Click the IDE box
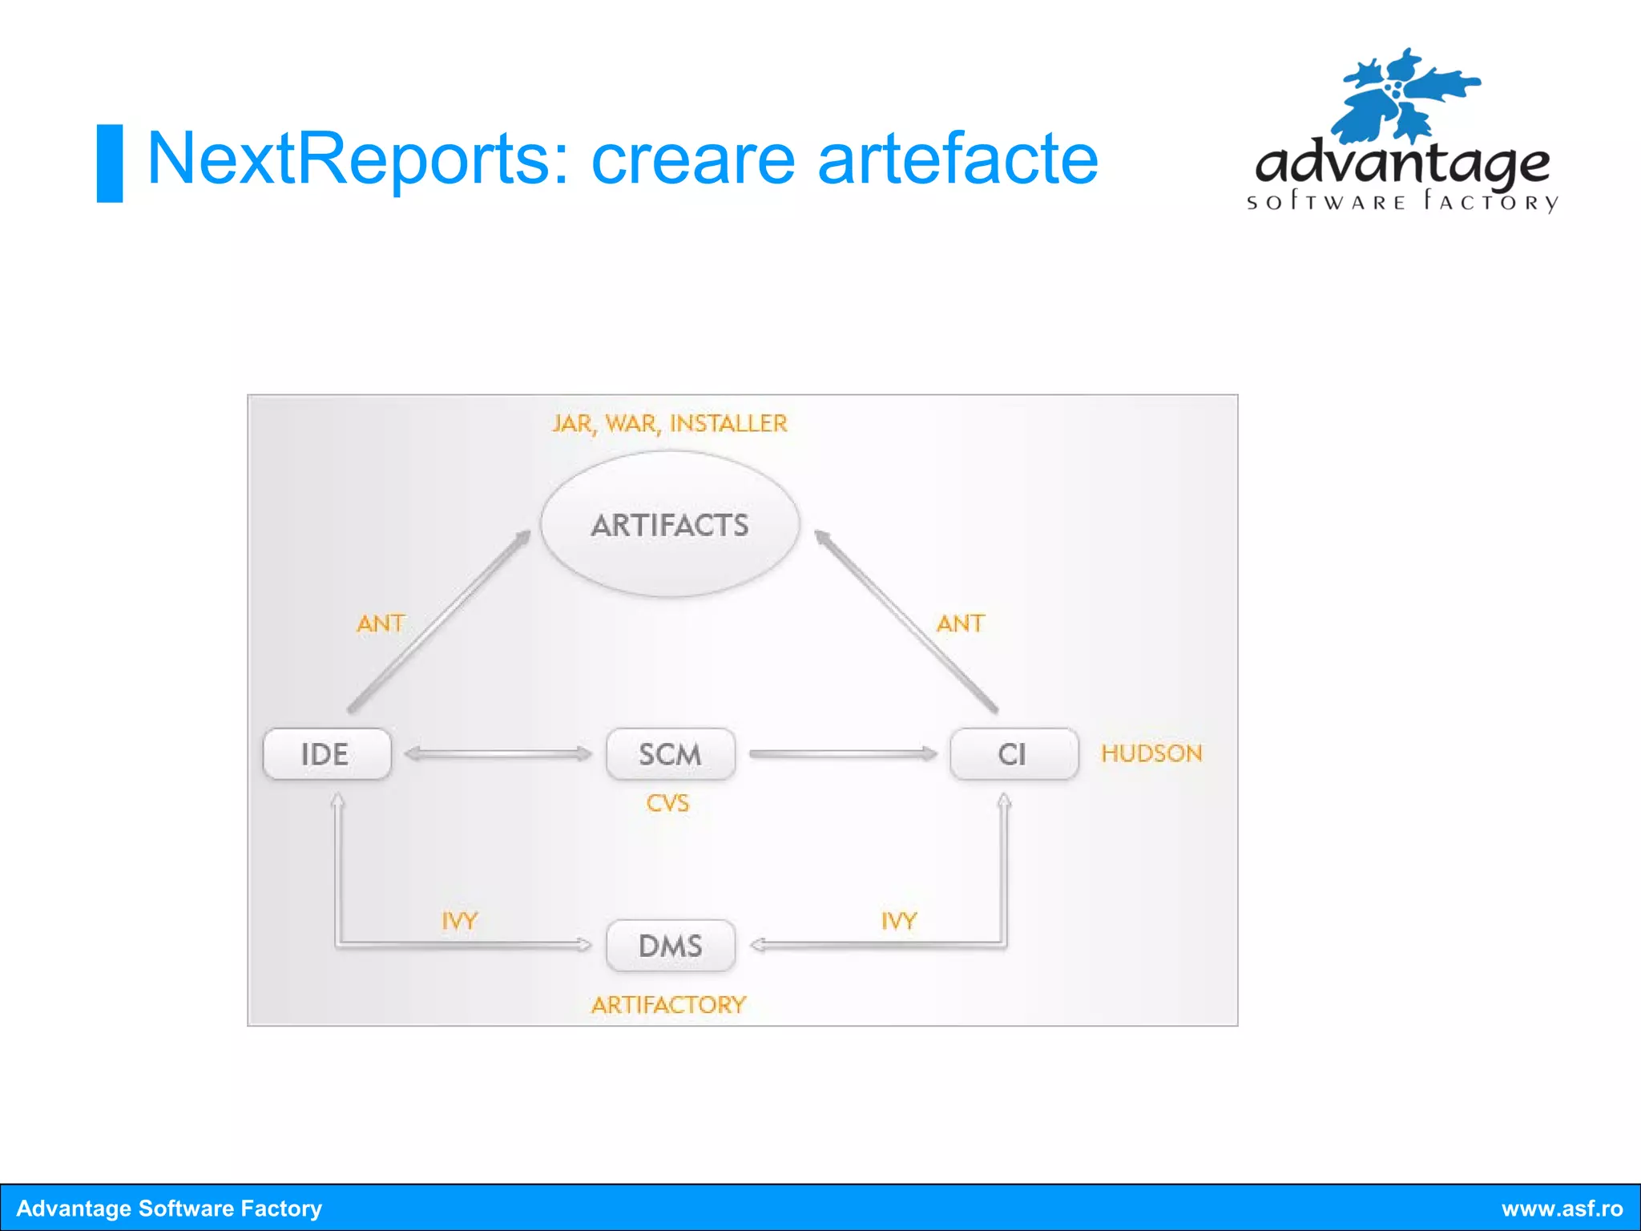pos(326,754)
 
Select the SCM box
pos(670,754)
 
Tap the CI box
pos(1013,754)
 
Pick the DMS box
pos(670,946)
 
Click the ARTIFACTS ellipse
pos(670,525)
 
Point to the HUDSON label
pos(1151,753)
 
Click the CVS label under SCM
pos(667,803)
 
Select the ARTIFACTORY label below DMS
pos(668,1005)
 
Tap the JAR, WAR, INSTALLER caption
pos(670,423)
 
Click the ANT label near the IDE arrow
pos(381,624)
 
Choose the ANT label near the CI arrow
pos(960,624)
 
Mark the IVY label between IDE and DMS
pos(459,921)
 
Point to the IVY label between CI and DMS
pos(898,921)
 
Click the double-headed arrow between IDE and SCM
pos(498,754)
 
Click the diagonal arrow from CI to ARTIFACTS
pos(906,621)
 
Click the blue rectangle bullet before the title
pos(110,163)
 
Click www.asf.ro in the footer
pos(1562,1209)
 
